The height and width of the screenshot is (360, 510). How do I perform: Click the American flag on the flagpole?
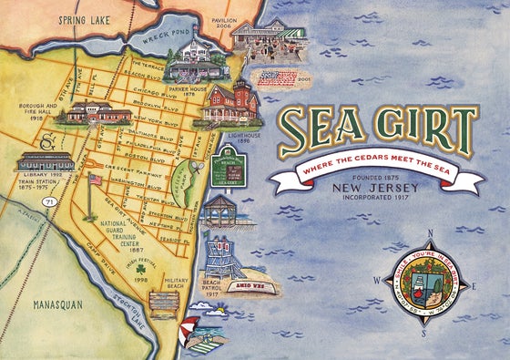click(96, 180)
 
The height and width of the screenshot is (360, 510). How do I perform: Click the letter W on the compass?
click(375, 281)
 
